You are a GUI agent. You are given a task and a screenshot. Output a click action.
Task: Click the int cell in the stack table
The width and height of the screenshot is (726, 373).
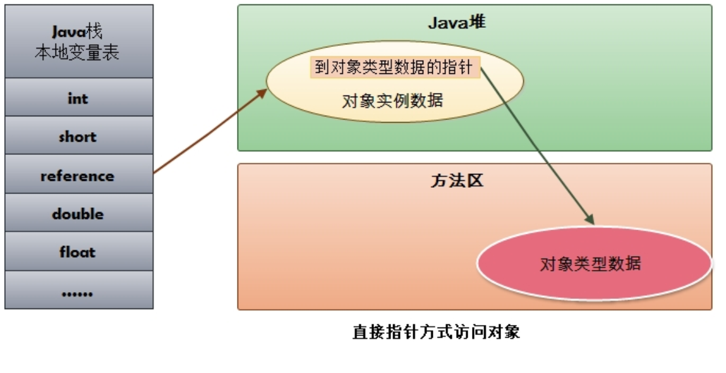(x=78, y=98)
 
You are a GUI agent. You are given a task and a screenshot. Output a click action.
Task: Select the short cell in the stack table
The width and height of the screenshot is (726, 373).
(x=78, y=137)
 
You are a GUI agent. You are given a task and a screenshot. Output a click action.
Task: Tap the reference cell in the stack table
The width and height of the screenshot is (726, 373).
(x=78, y=176)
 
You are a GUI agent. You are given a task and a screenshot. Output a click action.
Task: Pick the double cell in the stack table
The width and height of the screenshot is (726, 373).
(x=78, y=214)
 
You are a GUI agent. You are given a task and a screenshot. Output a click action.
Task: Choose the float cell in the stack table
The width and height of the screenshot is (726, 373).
(x=78, y=252)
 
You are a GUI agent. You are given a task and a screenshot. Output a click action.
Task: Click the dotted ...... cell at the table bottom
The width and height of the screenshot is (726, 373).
(x=78, y=291)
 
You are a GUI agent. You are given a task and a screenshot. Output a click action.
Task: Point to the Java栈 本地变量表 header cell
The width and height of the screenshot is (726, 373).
(x=78, y=42)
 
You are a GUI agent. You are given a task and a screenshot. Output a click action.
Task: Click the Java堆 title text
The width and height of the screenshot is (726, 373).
(x=456, y=23)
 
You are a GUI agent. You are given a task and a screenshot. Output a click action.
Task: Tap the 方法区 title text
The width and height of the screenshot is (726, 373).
(x=456, y=181)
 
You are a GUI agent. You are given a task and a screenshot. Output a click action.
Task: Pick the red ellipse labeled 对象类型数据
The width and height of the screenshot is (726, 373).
(x=593, y=263)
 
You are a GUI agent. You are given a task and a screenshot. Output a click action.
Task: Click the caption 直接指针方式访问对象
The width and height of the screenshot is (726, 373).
(x=436, y=332)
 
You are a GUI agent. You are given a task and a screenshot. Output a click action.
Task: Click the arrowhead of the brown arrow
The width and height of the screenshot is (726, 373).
(x=263, y=92)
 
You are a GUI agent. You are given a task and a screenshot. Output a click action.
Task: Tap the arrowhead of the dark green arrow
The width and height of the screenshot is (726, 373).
(x=590, y=220)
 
